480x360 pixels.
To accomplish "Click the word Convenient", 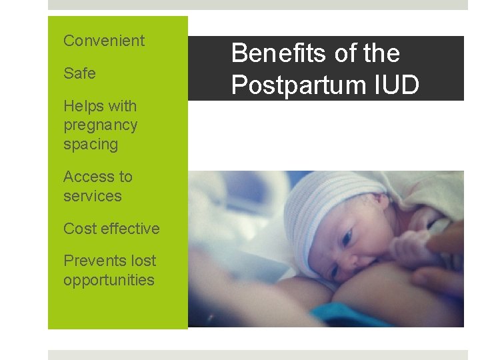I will coord(103,41).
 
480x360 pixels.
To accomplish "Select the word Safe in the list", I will coord(79,73).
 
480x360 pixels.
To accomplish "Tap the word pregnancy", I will coord(100,125).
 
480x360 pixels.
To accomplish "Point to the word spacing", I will coord(90,145).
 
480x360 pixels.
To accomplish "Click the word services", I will coord(92,196).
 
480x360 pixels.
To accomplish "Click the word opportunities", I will coord(109,280).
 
